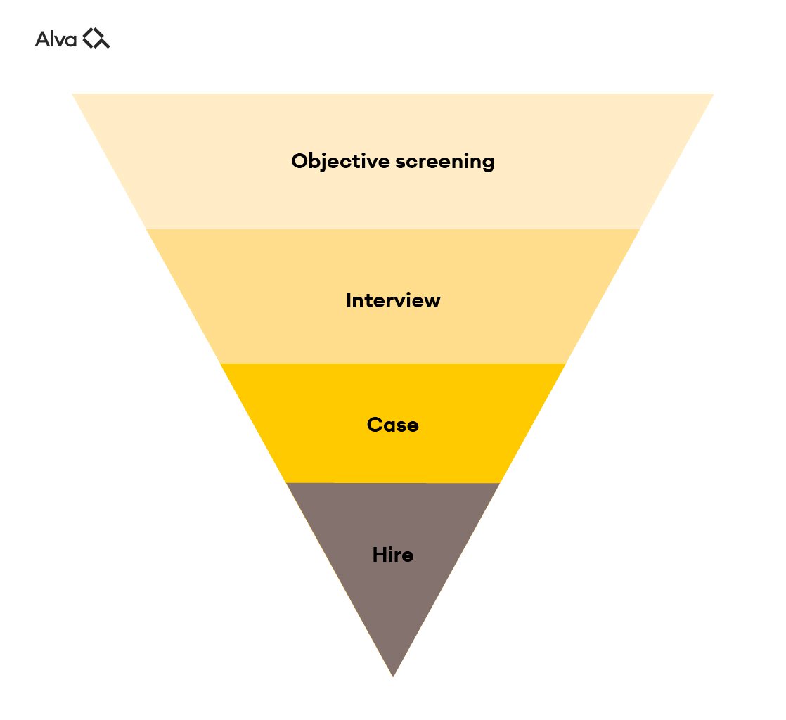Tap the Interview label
[393, 301]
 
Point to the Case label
[393, 425]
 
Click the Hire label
[393, 555]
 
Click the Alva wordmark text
[56, 39]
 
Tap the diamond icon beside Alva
[96, 39]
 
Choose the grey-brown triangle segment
[393, 605]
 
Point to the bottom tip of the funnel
[393, 674]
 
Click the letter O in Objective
[299, 162]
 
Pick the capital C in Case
[374, 425]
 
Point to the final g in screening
[488, 164]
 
